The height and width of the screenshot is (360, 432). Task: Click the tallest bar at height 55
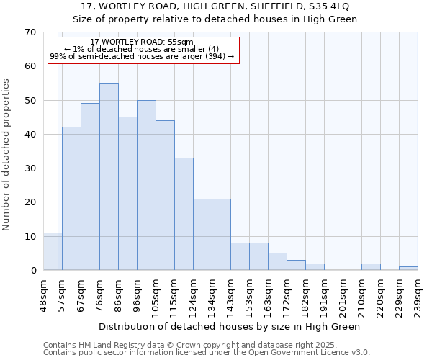(x=109, y=176)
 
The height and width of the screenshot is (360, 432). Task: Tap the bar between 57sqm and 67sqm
(x=71, y=199)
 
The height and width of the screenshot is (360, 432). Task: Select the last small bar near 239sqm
(x=408, y=269)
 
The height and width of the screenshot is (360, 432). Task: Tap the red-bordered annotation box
(x=143, y=50)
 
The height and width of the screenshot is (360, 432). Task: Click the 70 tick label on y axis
(x=30, y=32)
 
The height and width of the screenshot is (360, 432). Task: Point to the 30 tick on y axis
(x=30, y=168)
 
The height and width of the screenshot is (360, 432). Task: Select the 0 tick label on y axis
(x=32, y=271)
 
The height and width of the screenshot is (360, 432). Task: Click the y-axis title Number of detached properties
(x=7, y=155)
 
